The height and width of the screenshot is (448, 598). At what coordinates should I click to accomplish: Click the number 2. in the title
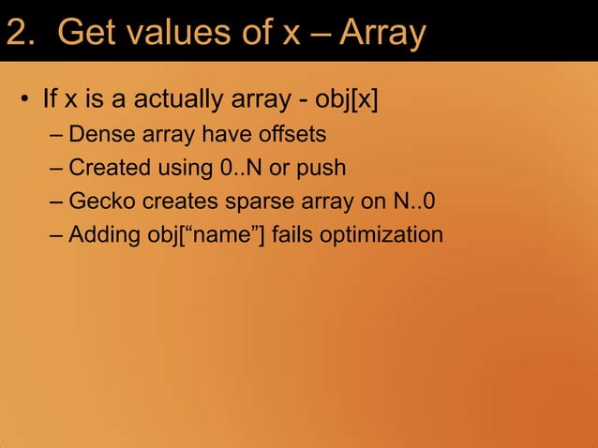tap(23, 34)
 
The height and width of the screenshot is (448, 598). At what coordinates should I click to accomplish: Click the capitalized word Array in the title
tap(382, 34)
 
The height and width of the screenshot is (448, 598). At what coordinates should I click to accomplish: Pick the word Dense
tap(101, 134)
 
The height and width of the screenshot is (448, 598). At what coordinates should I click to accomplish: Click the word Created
tap(110, 168)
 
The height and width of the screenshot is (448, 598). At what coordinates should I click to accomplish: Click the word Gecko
tap(103, 202)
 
